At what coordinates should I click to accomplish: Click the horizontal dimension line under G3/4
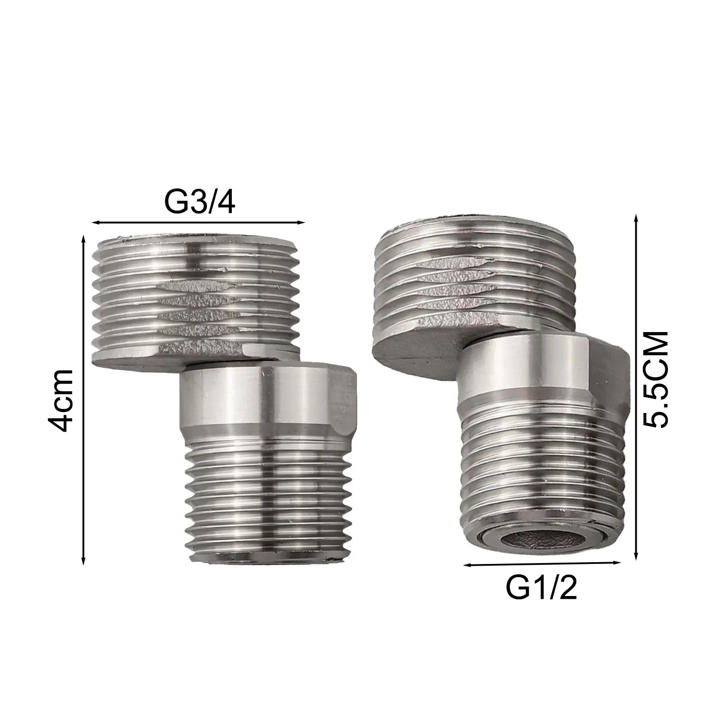click(x=199, y=222)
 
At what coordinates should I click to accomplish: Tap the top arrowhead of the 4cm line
click(x=83, y=238)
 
